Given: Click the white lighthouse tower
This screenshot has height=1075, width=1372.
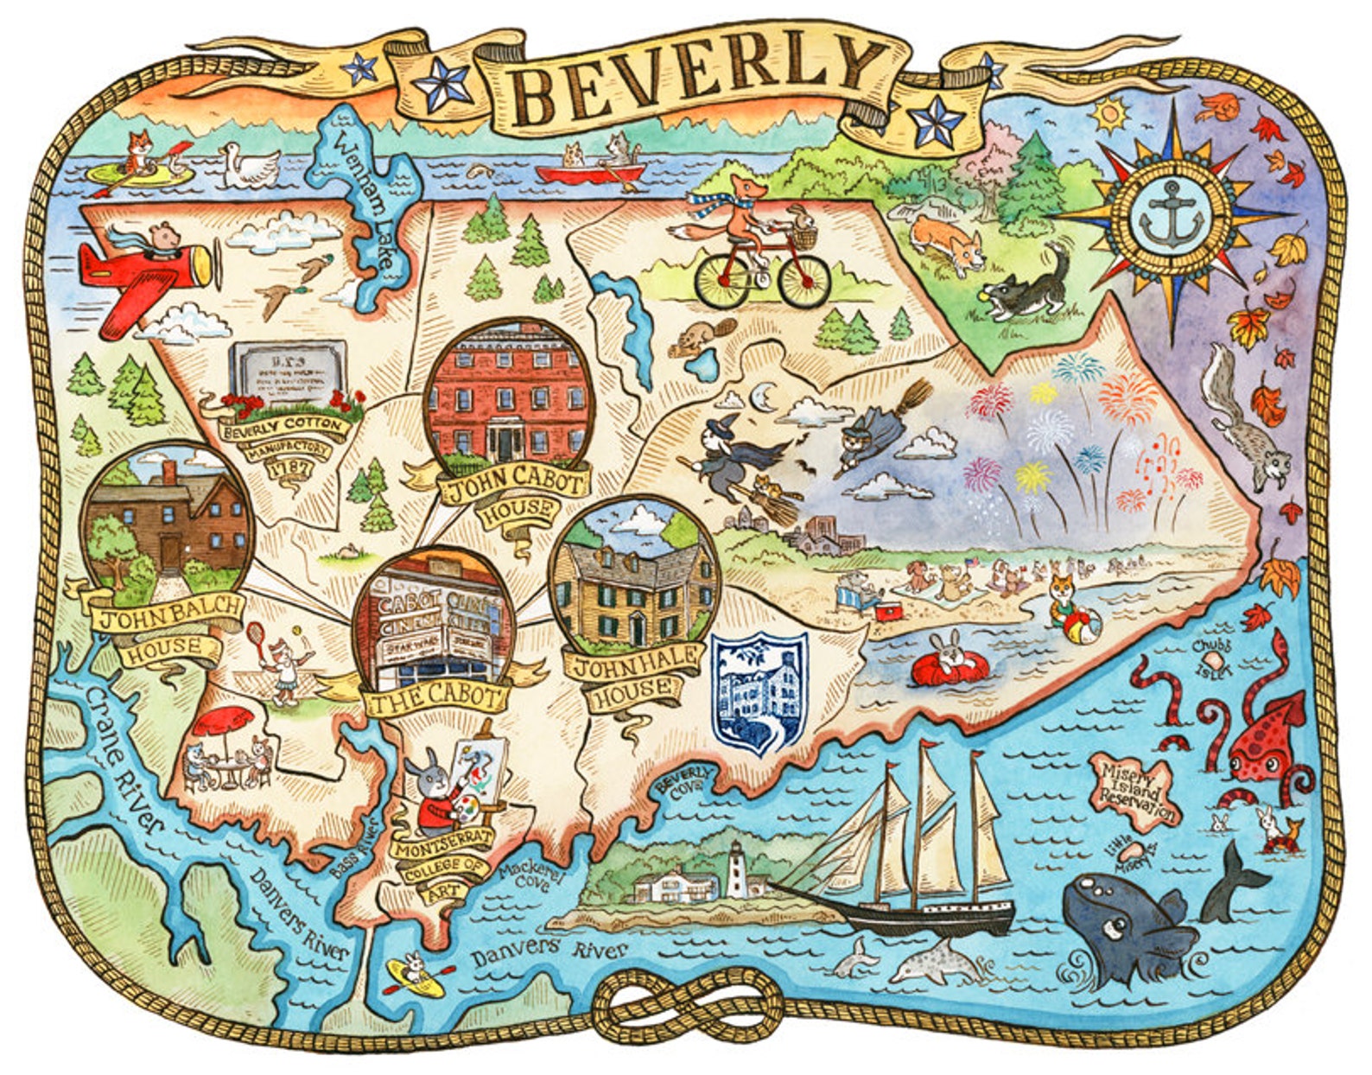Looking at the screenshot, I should (735, 871).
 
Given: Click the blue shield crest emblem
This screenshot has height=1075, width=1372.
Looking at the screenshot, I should (759, 691).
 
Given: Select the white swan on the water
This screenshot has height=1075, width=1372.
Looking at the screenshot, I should (248, 164).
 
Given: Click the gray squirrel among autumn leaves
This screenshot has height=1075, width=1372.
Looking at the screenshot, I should (1242, 423).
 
